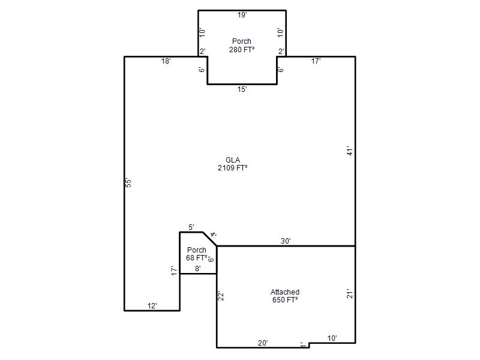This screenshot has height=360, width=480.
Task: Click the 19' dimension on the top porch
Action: pyautogui.click(x=242, y=14)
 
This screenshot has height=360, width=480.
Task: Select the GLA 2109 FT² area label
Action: pyautogui.click(x=233, y=164)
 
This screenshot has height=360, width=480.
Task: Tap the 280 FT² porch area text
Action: pyautogui.click(x=242, y=50)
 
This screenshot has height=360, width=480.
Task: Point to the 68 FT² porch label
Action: pyautogui.click(x=197, y=258)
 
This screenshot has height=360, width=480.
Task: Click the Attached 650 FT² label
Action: pyautogui.click(x=285, y=296)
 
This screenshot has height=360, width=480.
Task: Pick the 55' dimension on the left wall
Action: pyautogui.click(x=129, y=183)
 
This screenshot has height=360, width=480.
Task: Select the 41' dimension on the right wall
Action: pyautogui.click(x=350, y=151)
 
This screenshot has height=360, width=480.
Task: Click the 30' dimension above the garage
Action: pyautogui.click(x=286, y=241)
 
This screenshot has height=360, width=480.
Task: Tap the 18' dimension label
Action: pyautogui.click(x=166, y=61)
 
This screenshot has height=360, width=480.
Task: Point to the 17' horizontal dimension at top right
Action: pyautogui.click(x=316, y=61)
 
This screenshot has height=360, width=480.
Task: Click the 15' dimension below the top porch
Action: pyautogui.click(x=242, y=89)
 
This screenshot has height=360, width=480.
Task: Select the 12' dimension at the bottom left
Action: pyautogui.click(x=152, y=305)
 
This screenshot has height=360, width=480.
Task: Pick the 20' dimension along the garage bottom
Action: pyautogui.click(x=263, y=343)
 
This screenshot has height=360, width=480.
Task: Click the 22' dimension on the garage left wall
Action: pyautogui.click(x=221, y=296)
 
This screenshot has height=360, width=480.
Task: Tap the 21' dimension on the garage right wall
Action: pyautogui.click(x=350, y=293)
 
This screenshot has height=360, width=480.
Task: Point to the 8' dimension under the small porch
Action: pyautogui.click(x=198, y=268)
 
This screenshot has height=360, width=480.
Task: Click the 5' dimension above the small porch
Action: pyautogui.click(x=191, y=227)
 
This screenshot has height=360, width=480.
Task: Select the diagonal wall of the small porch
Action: pyautogui.click(x=209, y=239)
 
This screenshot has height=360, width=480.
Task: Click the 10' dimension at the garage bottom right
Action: pyautogui.click(x=332, y=338)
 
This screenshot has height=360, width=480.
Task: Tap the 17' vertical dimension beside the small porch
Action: pyautogui.click(x=174, y=271)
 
